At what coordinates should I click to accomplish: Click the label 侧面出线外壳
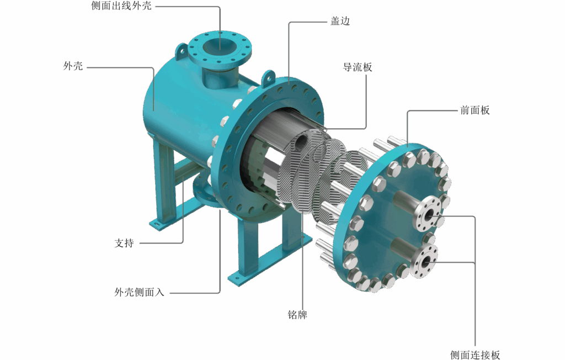pos(121,6)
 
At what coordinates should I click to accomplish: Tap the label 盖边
pos(340,22)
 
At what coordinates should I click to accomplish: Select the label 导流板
pos(358,67)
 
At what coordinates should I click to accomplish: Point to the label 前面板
pos(475,110)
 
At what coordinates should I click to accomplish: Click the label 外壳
pos(73,66)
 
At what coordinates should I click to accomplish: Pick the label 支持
pos(124,243)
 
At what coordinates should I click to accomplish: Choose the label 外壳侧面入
pos(139,292)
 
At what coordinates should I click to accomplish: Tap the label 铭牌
pos(297,315)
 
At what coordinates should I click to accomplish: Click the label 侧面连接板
pos(475,354)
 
